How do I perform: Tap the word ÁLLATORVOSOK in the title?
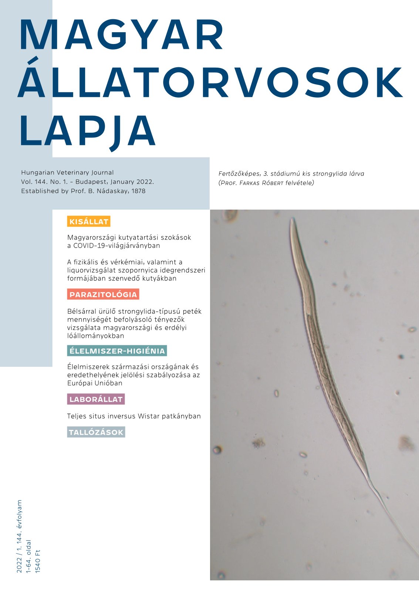tap(210, 83)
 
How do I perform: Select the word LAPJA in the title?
tap(87, 130)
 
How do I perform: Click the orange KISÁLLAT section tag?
tap(89, 222)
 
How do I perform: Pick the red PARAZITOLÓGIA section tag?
tap(103, 295)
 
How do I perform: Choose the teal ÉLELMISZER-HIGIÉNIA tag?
tap(117, 351)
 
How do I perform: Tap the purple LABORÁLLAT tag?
tap(96, 399)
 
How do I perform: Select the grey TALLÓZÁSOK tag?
tap(96, 432)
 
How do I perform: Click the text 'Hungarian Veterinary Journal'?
tap(67, 173)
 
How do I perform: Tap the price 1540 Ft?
tap(37, 561)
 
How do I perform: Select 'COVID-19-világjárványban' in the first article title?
tap(118, 245)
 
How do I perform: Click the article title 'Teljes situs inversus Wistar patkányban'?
tap(134, 416)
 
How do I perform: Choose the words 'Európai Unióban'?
tap(95, 383)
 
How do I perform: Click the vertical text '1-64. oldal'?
tap(28, 556)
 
